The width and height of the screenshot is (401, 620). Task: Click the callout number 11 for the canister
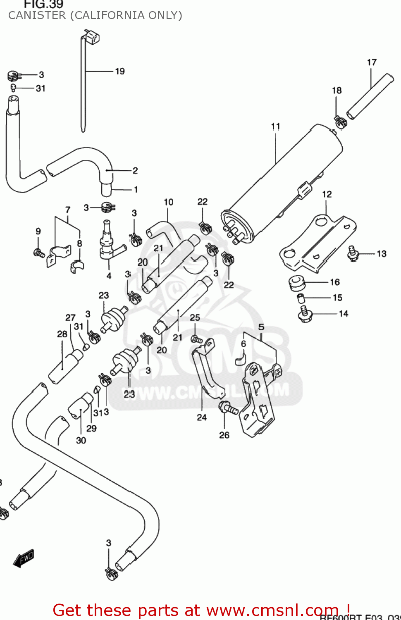click(276, 126)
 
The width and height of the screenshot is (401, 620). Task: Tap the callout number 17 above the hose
click(372, 62)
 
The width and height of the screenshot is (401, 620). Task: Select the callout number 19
click(120, 72)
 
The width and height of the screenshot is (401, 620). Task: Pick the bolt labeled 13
click(353, 253)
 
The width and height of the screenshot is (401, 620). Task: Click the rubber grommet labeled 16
click(296, 283)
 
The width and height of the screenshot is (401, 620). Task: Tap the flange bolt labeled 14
click(305, 314)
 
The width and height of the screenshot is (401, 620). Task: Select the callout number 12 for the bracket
click(327, 194)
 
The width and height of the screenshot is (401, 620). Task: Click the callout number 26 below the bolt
click(224, 435)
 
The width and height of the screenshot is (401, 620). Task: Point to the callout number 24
click(202, 417)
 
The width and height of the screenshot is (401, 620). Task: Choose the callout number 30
click(81, 440)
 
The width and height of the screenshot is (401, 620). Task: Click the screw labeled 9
click(39, 252)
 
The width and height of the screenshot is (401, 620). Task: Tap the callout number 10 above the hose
click(168, 202)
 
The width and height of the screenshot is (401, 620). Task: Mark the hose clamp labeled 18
click(340, 122)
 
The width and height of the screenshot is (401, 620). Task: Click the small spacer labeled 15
click(301, 298)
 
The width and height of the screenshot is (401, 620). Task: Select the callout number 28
click(62, 334)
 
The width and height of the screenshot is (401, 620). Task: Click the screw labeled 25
click(196, 339)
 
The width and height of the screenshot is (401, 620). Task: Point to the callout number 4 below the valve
click(109, 276)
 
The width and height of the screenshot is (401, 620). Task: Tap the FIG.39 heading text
click(43, 5)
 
